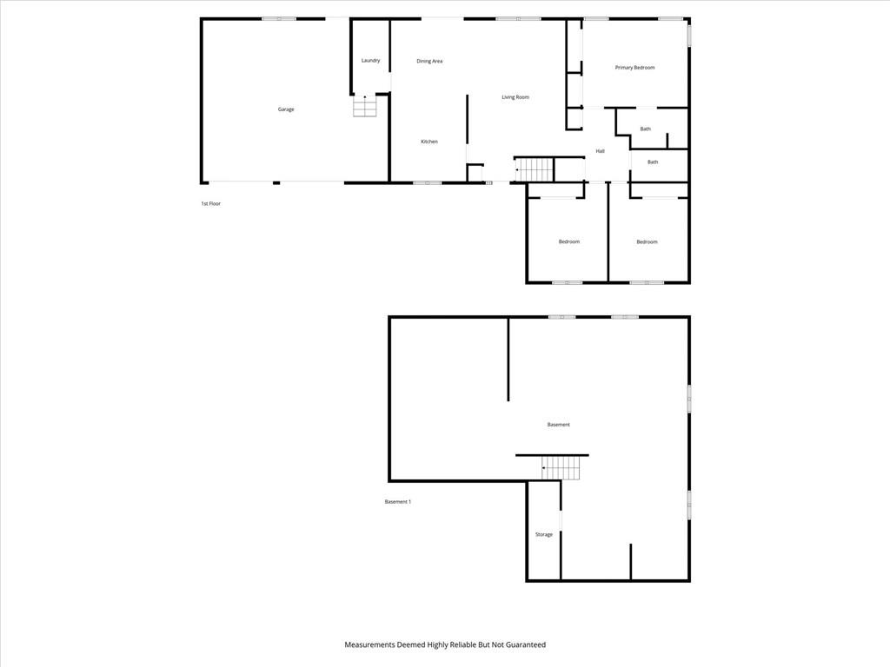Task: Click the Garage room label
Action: tap(285, 109)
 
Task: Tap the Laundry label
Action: tap(370, 61)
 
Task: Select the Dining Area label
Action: tap(429, 62)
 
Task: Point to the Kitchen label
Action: tap(429, 142)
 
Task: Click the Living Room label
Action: tap(515, 97)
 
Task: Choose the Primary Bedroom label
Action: tap(634, 68)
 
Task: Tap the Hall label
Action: tap(600, 151)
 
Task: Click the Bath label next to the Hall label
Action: tap(653, 162)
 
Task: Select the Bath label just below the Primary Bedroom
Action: tap(646, 129)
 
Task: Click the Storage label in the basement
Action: tap(544, 535)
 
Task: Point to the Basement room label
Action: tap(559, 425)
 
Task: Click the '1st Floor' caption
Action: tap(210, 203)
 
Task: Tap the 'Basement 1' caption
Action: tap(398, 502)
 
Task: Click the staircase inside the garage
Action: tap(364, 106)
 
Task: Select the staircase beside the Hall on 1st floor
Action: tap(534, 169)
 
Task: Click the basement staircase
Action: tap(561, 468)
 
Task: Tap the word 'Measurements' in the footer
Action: tap(369, 645)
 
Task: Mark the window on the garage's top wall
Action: tap(279, 19)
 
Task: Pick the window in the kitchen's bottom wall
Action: tap(428, 182)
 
